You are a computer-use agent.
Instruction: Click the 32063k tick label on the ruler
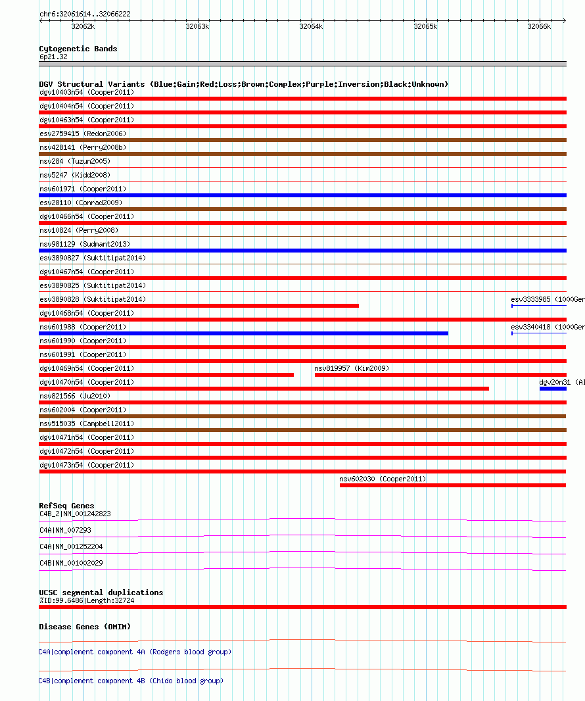tap(197, 26)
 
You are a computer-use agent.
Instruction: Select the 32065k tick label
tap(425, 26)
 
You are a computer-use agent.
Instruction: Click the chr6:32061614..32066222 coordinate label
tap(85, 14)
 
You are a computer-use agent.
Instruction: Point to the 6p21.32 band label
tap(53, 57)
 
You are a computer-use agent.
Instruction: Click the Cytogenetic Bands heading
tap(78, 49)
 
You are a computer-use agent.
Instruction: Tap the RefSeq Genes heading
tap(66, 506)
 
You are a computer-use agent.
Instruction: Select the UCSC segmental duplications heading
tap(101, 592)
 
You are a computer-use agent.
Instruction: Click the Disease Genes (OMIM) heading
tap(85, 627)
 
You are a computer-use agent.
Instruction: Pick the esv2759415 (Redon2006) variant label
tap(83, 133)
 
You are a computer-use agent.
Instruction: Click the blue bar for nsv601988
tap(243, 333)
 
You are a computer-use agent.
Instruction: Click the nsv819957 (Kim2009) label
tap(352, 368)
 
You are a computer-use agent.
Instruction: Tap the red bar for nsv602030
tap(452, 485)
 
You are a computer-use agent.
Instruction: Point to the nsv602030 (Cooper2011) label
tap(383, 479)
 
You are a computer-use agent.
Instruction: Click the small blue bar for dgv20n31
tap(553, 389)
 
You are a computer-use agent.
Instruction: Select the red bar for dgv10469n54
tap(166, 375)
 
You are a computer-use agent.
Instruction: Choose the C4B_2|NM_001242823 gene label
tap(75, 514)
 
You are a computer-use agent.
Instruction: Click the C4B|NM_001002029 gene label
tap(71, 563)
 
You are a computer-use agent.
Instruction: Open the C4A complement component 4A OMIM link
tap(135, 652)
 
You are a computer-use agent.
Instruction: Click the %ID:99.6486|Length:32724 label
tap(86, 600)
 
